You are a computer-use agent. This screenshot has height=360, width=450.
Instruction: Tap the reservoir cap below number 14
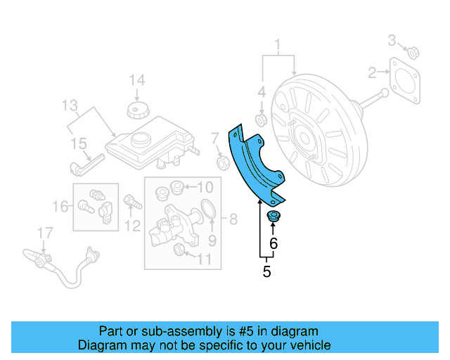coord(136,110)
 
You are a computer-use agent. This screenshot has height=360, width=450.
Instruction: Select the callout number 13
coord(69,106)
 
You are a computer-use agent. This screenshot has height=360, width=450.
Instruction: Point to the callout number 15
coord(78,143)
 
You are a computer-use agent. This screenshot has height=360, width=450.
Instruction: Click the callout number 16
coord(61,206)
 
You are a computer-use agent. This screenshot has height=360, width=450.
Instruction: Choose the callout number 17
coord(44,232)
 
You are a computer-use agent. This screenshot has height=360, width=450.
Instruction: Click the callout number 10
coord(204,187)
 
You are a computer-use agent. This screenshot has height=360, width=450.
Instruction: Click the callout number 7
coord(215,137)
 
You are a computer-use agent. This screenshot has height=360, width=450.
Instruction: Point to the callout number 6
coord(274,244)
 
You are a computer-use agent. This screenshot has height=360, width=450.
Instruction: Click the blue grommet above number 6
coord(274,215)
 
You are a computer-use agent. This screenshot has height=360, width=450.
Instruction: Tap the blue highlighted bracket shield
coord(255,162)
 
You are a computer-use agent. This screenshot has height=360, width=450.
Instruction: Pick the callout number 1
coord(278,47)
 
